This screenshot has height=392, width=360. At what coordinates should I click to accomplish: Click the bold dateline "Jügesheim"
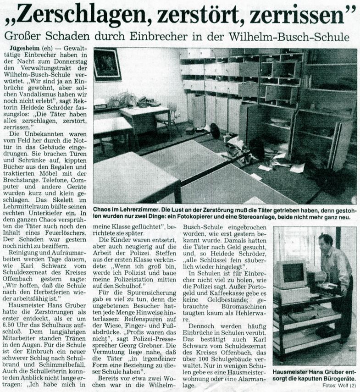(x=25, y=48)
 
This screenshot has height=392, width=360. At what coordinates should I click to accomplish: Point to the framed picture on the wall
(x=107, y=64)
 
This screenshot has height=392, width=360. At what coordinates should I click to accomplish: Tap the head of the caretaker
(x=326, y=241)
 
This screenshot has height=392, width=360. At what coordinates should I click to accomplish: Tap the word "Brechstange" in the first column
(x=28, y=167)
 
